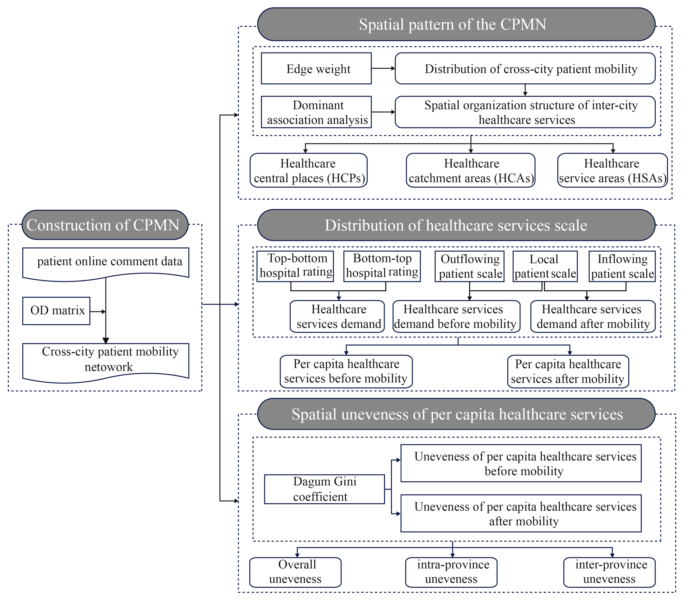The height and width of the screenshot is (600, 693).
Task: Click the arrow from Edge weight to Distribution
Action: (383, 68)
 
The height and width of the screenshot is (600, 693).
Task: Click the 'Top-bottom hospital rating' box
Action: (295, 266)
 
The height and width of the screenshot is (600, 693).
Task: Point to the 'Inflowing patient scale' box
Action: (622, 266)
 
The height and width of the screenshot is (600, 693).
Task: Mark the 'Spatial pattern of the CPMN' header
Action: (456, 24)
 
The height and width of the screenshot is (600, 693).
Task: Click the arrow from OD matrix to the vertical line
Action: (98, 312)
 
